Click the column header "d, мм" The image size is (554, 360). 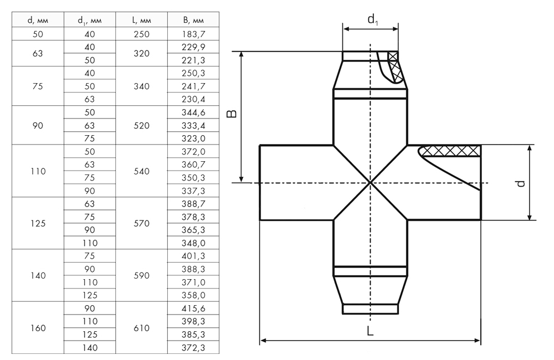pyautogui.click(x=38, y=20)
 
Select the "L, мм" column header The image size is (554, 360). pyautogui.click(x=141, y=20)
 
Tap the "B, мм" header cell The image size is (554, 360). pyautogui.click(x=193, y=20)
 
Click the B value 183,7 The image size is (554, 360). pyautogui.click(x=193, y=34)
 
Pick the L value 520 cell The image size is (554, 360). pyautogui.click(x=141, y=125)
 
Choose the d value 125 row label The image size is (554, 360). pyautogui.click(x=38, y=223)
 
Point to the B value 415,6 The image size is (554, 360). pyautogui.click(x=193, y=308)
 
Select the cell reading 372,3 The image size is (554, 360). pyautogui.click(x=193, y=348)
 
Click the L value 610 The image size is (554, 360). pyautogui.click(x=141, y=328)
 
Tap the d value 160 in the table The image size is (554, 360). pyautogui.click(x=38, y=328)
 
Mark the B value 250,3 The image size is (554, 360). pyautogui.click(x=193, y=73)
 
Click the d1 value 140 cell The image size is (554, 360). pyautogui.click(x=90, y=348)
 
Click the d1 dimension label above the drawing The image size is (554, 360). pyautogui.click(x=372, y=19)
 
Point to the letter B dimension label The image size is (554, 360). pyautogui.click(x=232, y=114)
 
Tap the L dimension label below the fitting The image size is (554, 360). pyautogui.click(x=370, y=331)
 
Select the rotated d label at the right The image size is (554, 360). pyautogui.click(x=520, y=183)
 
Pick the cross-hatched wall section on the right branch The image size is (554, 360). pyautogui.click(x=450, y=151)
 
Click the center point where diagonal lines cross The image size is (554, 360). pyautogui.click(x=370, y=183)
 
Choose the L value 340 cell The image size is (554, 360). pyautogui.click(x=141, y=86)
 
